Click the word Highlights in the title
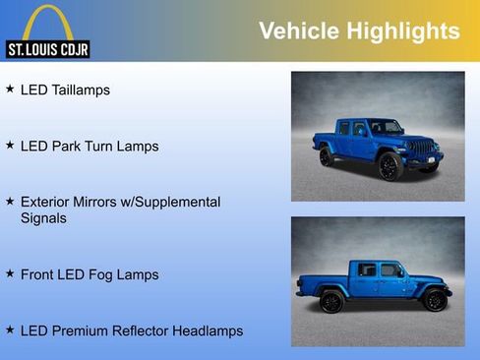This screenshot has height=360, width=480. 404,31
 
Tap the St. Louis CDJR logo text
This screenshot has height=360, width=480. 46,48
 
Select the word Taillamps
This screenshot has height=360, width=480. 80,90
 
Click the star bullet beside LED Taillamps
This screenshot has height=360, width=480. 10,89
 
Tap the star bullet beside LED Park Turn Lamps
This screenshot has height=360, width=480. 10,145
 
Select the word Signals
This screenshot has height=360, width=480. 43,217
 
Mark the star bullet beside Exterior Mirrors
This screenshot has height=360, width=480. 10,201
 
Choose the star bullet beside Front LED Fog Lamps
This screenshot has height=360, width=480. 10,273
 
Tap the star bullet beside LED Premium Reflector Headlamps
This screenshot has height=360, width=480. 10,330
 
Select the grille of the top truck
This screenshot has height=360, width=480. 423,149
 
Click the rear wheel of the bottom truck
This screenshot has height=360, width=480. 332,301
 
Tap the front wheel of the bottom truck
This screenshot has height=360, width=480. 433,300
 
